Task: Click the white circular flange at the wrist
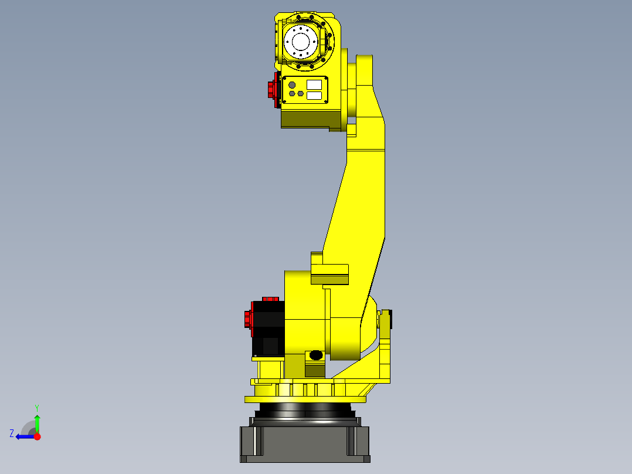(x=301, y=42)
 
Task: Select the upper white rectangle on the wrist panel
(x=314, y=84)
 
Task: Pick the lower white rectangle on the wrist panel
(x=314, y=95)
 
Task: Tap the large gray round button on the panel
(x=292, y=85)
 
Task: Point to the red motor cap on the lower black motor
(x=247, y=320)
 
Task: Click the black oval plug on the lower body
(x=315, y=355)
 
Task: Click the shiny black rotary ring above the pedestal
(x=305, y=410)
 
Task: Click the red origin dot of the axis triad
(x=38, y=436)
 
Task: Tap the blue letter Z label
(x=12, y=434)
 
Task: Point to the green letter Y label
(x=37, y=407)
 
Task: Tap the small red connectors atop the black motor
(x=270, y=299)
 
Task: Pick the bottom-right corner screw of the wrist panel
(x=324, y=101)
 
